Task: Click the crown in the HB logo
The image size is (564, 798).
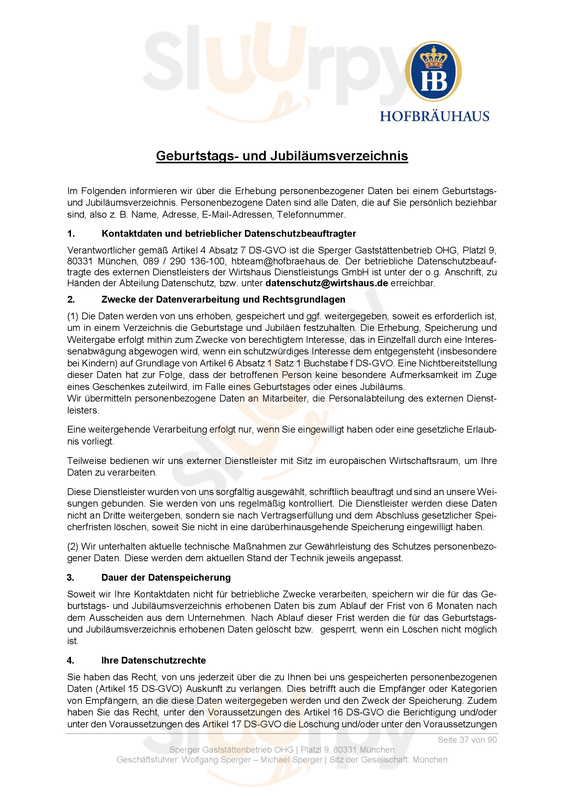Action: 434,58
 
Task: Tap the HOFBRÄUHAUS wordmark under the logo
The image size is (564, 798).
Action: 434,116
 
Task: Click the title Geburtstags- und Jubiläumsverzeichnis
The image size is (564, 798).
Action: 282,156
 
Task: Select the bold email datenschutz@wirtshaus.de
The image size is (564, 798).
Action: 326,283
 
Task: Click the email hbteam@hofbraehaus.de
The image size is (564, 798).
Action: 285,261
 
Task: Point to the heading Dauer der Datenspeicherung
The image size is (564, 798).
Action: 166,578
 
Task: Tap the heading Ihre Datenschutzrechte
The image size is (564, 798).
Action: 153,661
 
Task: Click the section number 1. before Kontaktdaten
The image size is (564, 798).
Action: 71,234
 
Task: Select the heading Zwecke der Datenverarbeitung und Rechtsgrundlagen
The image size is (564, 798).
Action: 223,300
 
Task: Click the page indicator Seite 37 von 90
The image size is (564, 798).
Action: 467,740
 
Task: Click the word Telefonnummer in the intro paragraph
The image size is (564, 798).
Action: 311,215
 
